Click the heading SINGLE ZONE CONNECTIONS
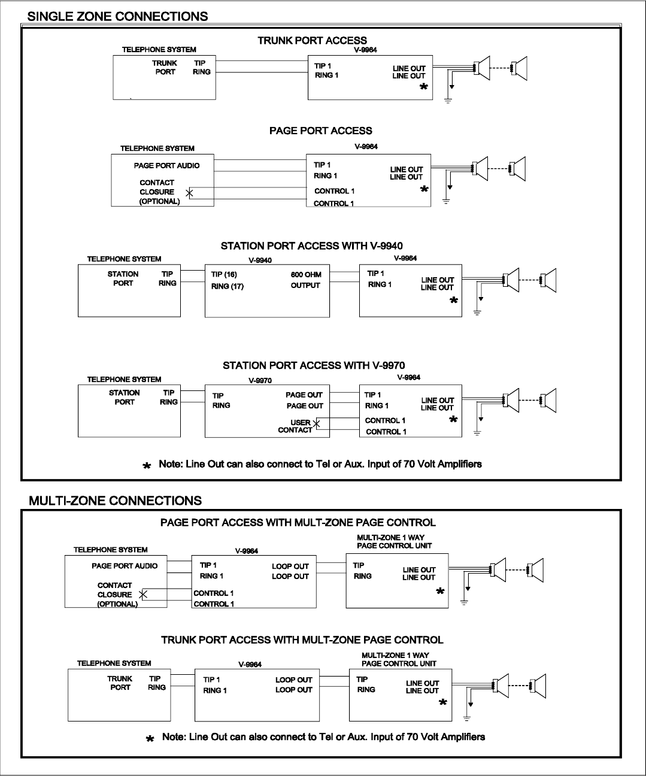pyautogui.click(x=118, y=16)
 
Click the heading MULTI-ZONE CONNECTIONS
pyautogui.click(x=115, y=500)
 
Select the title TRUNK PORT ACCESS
pyautogui.click(x=312, y=41)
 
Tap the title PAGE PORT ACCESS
pyautogui.click(x=320, y=131)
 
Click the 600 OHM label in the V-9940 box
pyautogui.click(x=306, y=275)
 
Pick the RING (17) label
pyautogui.click(x=228, y=286)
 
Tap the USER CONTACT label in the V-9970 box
pyautogui.click(x=296, y=426)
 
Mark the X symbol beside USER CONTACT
pyautogui.click(x=317, y=424)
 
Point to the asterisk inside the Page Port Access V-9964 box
pyautogui.click(x=424, y=189)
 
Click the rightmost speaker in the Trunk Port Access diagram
pyautogui.click(x=520, y=69)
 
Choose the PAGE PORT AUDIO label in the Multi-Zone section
pyautogui.click(x=125, y=566)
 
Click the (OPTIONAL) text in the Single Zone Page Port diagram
pyautogui.click(x=160, y=202)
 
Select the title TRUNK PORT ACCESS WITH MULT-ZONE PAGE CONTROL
pyautogui.click(x=302, y=640)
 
